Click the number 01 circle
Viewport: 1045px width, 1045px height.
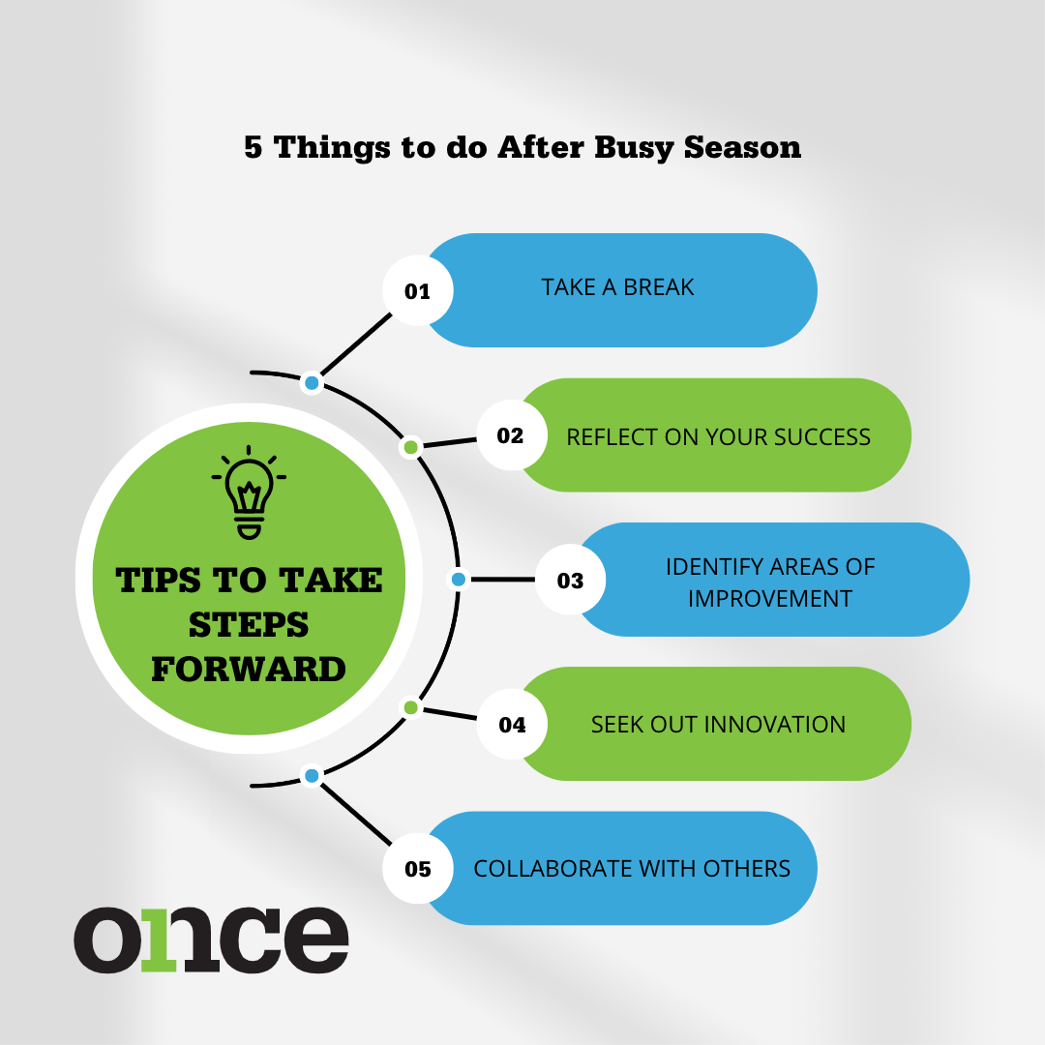tap(418, 290)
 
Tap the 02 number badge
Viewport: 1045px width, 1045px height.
tap(512, 435)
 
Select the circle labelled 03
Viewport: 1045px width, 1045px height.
tap(571, 580)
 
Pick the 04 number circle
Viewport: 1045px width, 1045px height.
tap(512, 724)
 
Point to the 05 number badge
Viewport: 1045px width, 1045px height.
tap(418, 868)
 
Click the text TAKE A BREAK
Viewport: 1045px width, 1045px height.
tap(617, 287)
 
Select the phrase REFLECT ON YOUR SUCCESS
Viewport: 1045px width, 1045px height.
tap(718, 437)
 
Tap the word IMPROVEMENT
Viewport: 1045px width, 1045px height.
tap(770, 599)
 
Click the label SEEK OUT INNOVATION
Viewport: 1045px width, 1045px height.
tap(718, 725)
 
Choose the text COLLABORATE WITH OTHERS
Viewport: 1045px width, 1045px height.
tap(632, 869)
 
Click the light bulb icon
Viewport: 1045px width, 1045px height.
tap(249, 492)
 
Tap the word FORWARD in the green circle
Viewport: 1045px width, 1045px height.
tap(249, 670)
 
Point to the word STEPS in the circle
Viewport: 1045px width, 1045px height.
tap(249, 625)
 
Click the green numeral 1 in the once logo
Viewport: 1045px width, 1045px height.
tap(160, 940)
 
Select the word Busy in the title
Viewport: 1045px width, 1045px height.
tap(633, 148)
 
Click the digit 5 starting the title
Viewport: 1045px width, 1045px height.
tap(254, 147)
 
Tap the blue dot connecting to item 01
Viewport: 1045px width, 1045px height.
tap(312, 383)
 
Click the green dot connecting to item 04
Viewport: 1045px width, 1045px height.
tap(410, 707)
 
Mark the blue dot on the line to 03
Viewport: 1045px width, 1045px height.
tap(459, 580)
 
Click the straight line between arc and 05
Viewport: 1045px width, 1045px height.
tap(355, 814)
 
